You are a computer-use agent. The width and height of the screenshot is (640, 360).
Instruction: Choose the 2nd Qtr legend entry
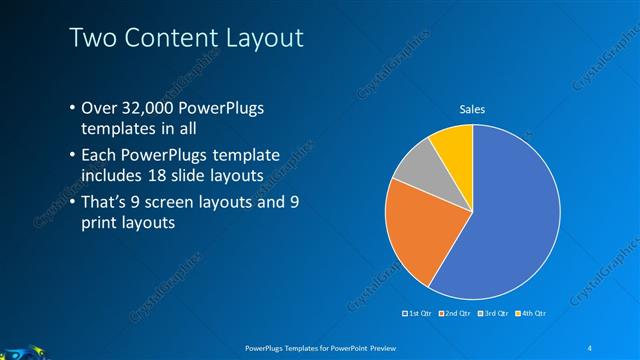[x=457, y=314]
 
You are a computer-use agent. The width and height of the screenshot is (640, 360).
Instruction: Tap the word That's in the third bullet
[x=105, y=202]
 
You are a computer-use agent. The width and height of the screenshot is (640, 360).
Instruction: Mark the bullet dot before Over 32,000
[x=72, y=108]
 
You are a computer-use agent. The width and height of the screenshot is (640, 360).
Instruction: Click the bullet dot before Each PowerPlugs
[x=72, y=155]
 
